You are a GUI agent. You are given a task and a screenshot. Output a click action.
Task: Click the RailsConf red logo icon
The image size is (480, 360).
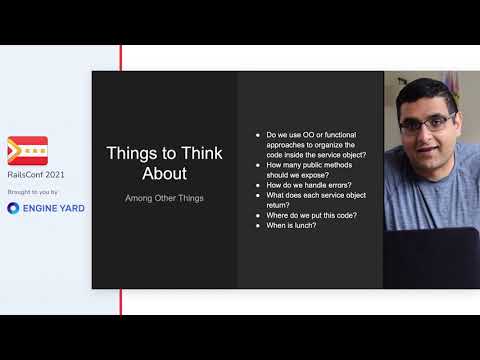click(27, 151)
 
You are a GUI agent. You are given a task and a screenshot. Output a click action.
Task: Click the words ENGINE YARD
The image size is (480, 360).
click(54, 208)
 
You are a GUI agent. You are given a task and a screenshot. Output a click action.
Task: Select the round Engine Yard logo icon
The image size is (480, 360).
click(14, 208)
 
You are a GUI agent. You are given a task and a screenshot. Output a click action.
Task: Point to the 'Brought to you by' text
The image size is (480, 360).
click(32, 191)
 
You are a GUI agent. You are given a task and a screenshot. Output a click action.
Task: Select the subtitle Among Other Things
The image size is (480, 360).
click(164, 198)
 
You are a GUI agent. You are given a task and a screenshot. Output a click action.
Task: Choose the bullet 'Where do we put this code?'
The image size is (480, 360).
click(310, 215)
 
